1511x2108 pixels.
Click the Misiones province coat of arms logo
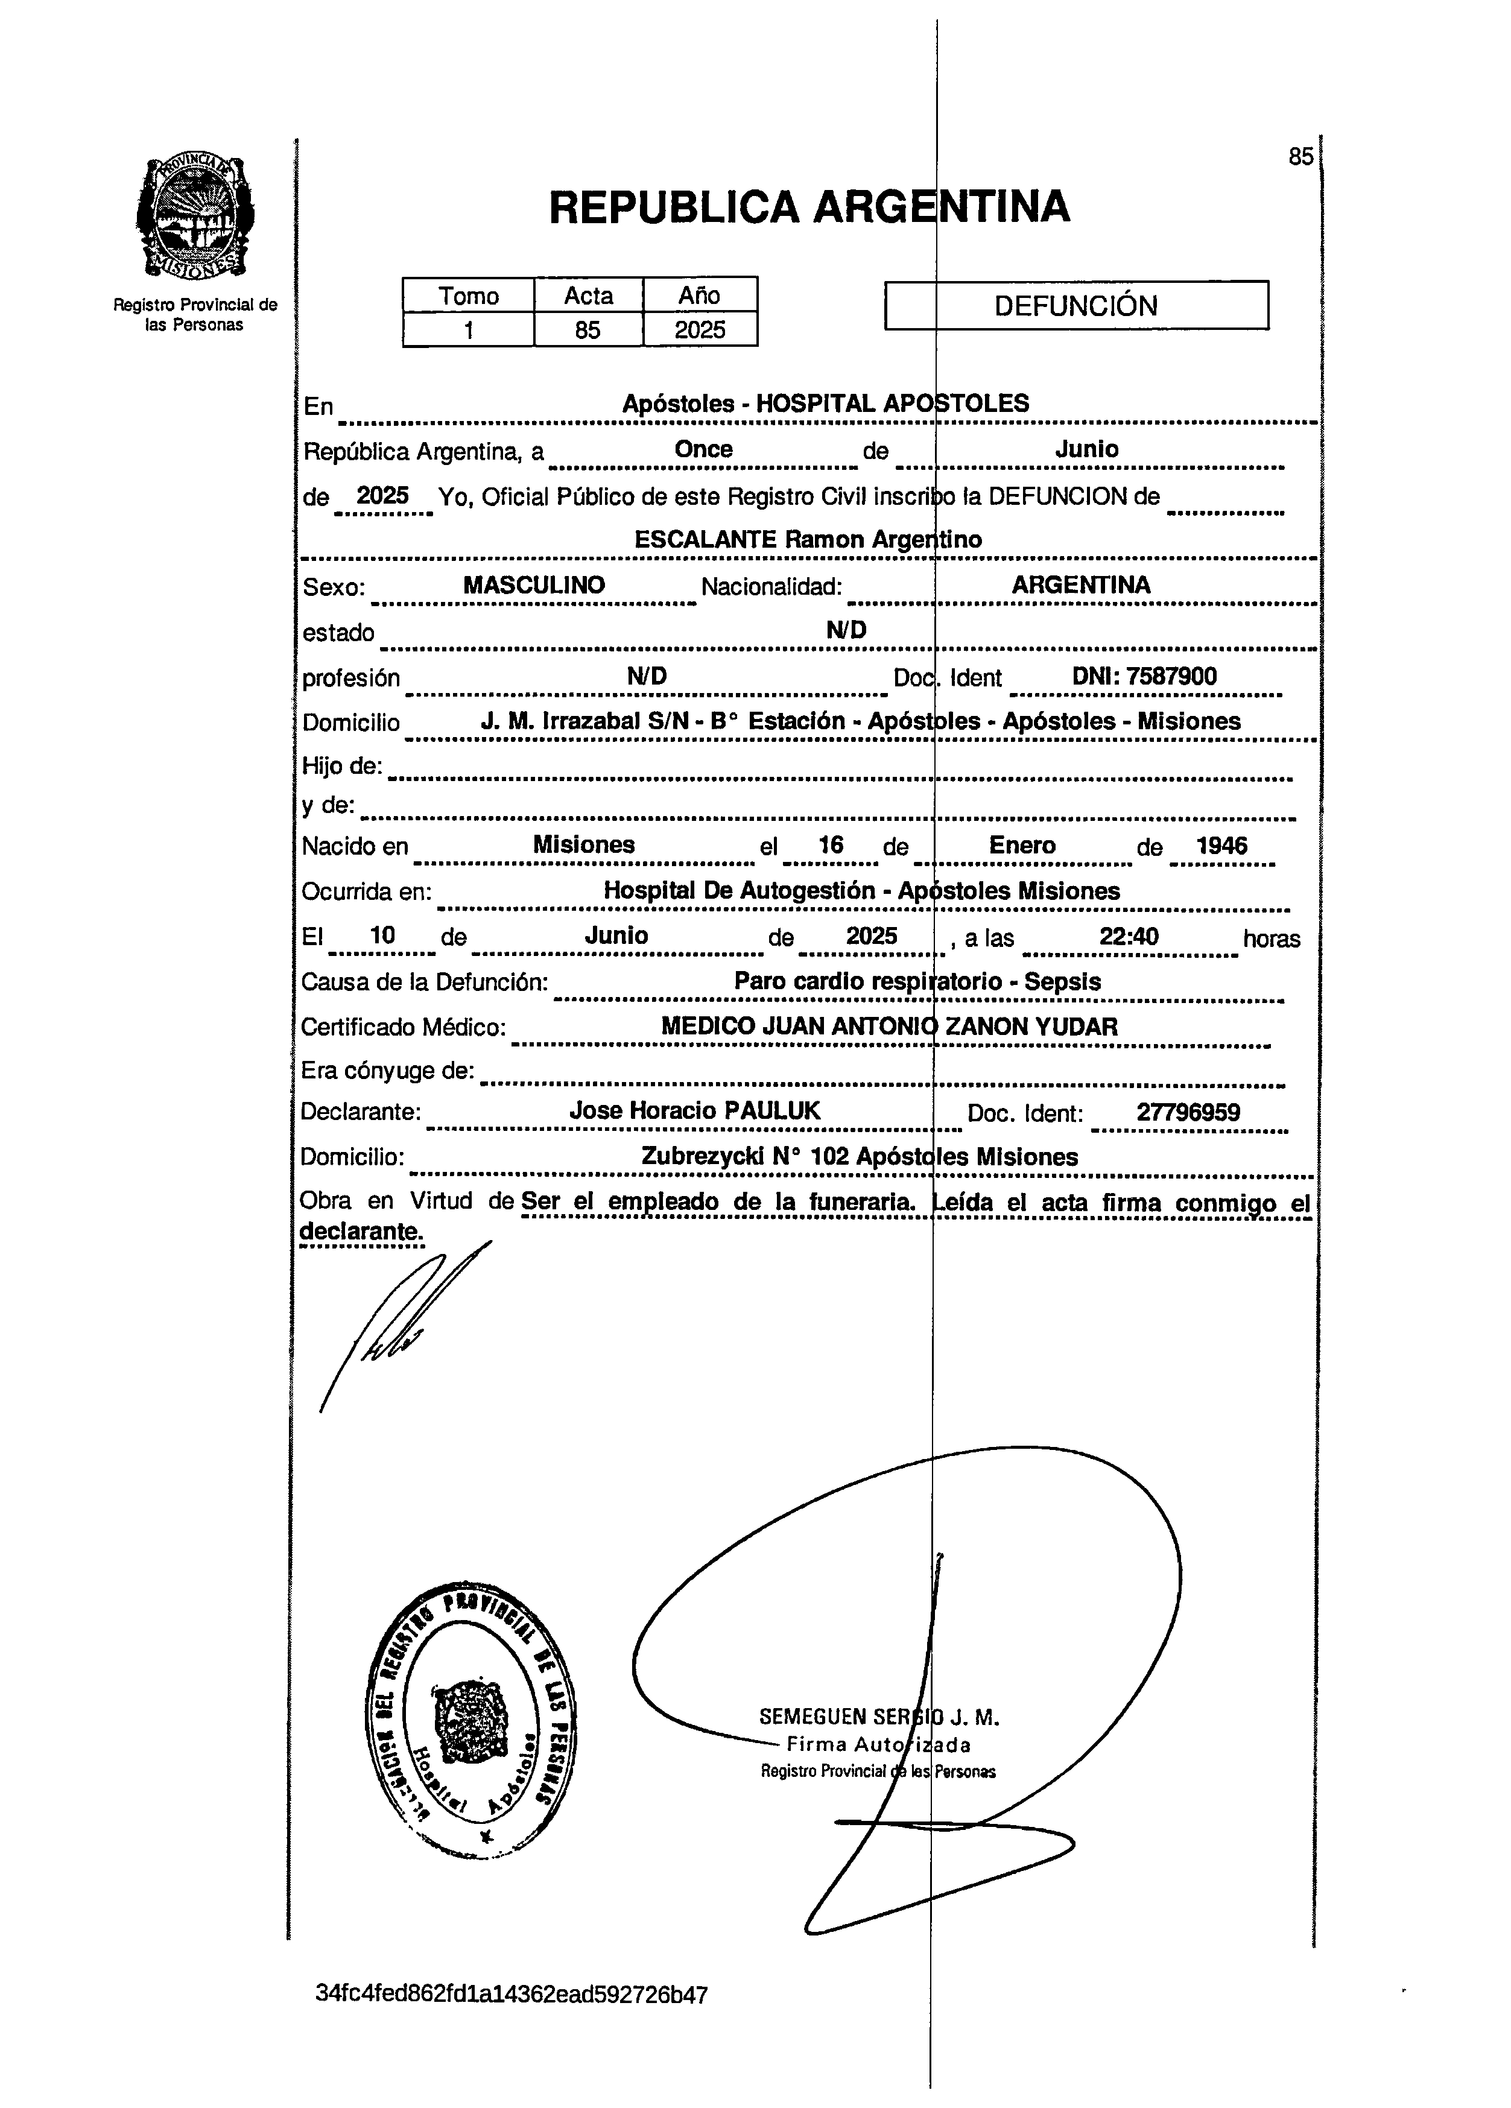click(195, 218)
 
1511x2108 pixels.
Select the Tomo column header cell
click(468, 296)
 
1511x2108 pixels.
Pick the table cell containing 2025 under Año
click(700, 330)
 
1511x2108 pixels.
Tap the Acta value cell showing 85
click(588, 330)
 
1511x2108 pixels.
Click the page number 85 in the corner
click(1300, 157)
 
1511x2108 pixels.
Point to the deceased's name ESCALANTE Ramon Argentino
click(808, 539)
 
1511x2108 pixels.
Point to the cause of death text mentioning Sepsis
click(917, 981)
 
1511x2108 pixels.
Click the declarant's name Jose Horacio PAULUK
click(694, 1111)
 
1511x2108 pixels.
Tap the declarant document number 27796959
click(1188, 1113)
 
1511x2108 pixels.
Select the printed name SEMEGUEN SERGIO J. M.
click(878, 1717)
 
